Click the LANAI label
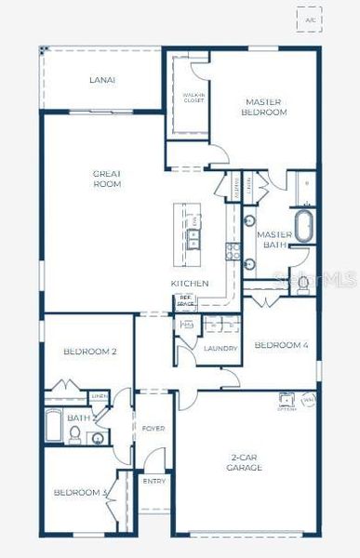[103, 80]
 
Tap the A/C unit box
[309, 19]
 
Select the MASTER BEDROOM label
[265, 107]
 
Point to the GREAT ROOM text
[108, 179]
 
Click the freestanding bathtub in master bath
[304, 226]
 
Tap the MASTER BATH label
[274, 240]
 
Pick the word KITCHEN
[189, 283]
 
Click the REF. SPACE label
[185, 302]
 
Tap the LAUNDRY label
[220, 348]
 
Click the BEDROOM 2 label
[90, 352]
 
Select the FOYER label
[153, 429]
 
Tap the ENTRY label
[153, 481]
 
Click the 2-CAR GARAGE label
[246, 462]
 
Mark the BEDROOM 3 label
[81, 492]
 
